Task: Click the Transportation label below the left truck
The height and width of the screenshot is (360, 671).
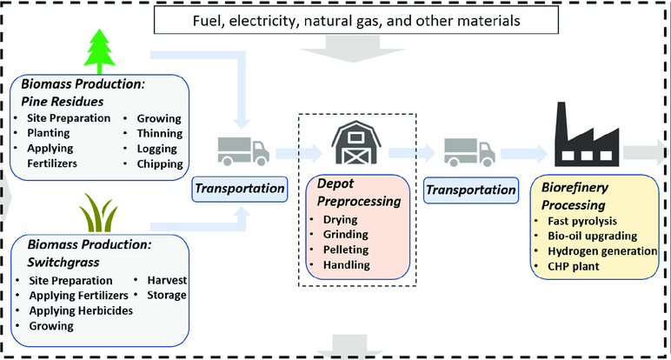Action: point(240,188)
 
